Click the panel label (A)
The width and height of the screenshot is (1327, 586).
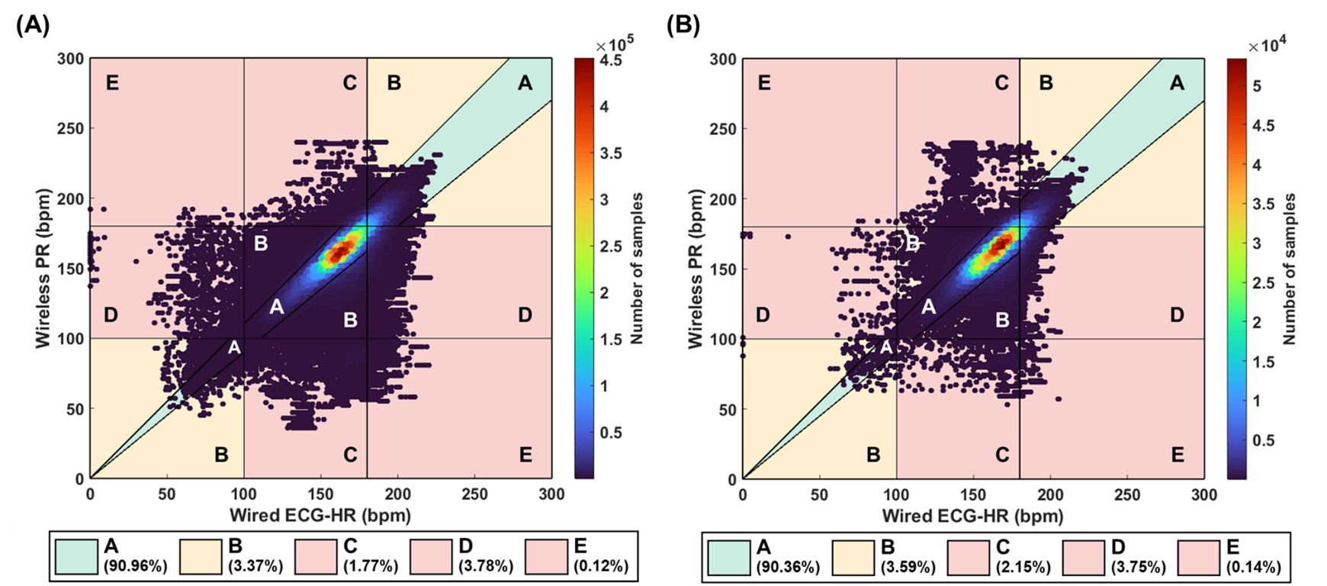pyautogui.click(x=32, y=25)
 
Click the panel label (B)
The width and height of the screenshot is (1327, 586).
pyautogui.click(x=683, y=25)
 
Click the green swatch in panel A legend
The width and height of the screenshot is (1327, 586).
pyautogui.click(x=76, y=556)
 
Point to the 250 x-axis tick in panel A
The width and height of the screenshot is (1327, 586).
pyautogui.click(x=475, y=494)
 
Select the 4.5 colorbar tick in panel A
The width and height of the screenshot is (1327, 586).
pyautogui.click(x=612, y=61)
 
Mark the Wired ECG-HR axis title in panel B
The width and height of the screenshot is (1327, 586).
pyautogui.click(x=972, y=516)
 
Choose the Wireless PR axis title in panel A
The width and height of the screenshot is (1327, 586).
pyautogui.click(x=43, y=268)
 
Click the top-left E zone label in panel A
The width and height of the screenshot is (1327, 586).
pyautogui.click(x=112, y=83)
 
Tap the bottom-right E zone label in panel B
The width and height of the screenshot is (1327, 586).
pyautogui.click(x=1178, y=455)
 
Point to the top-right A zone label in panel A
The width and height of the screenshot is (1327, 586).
pyautogui.click(x=525, y=83)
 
